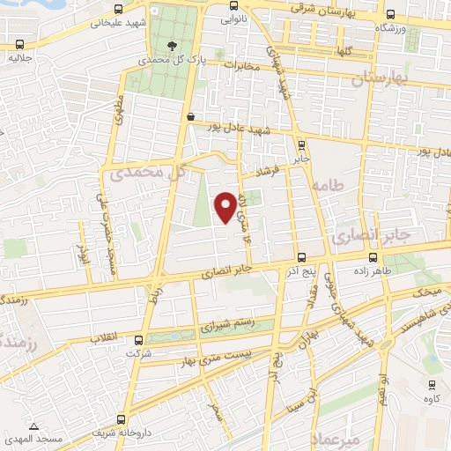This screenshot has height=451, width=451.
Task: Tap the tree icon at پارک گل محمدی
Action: (x=171, y=46)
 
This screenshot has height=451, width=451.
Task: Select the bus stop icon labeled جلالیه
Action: (x=19, y=44)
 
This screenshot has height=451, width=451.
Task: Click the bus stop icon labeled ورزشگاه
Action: (x=390, y=15)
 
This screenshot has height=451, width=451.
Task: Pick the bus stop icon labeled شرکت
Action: (x=138, y=340)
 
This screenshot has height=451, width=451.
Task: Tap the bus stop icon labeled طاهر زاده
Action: (x=374, y=258)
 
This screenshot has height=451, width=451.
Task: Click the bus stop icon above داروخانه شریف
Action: (x=121, y=419)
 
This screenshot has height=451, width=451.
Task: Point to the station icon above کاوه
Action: (x=432, y=384)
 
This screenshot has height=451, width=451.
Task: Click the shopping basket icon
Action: (x=191, y=115)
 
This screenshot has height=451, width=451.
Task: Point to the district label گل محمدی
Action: (x=148, y=174)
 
